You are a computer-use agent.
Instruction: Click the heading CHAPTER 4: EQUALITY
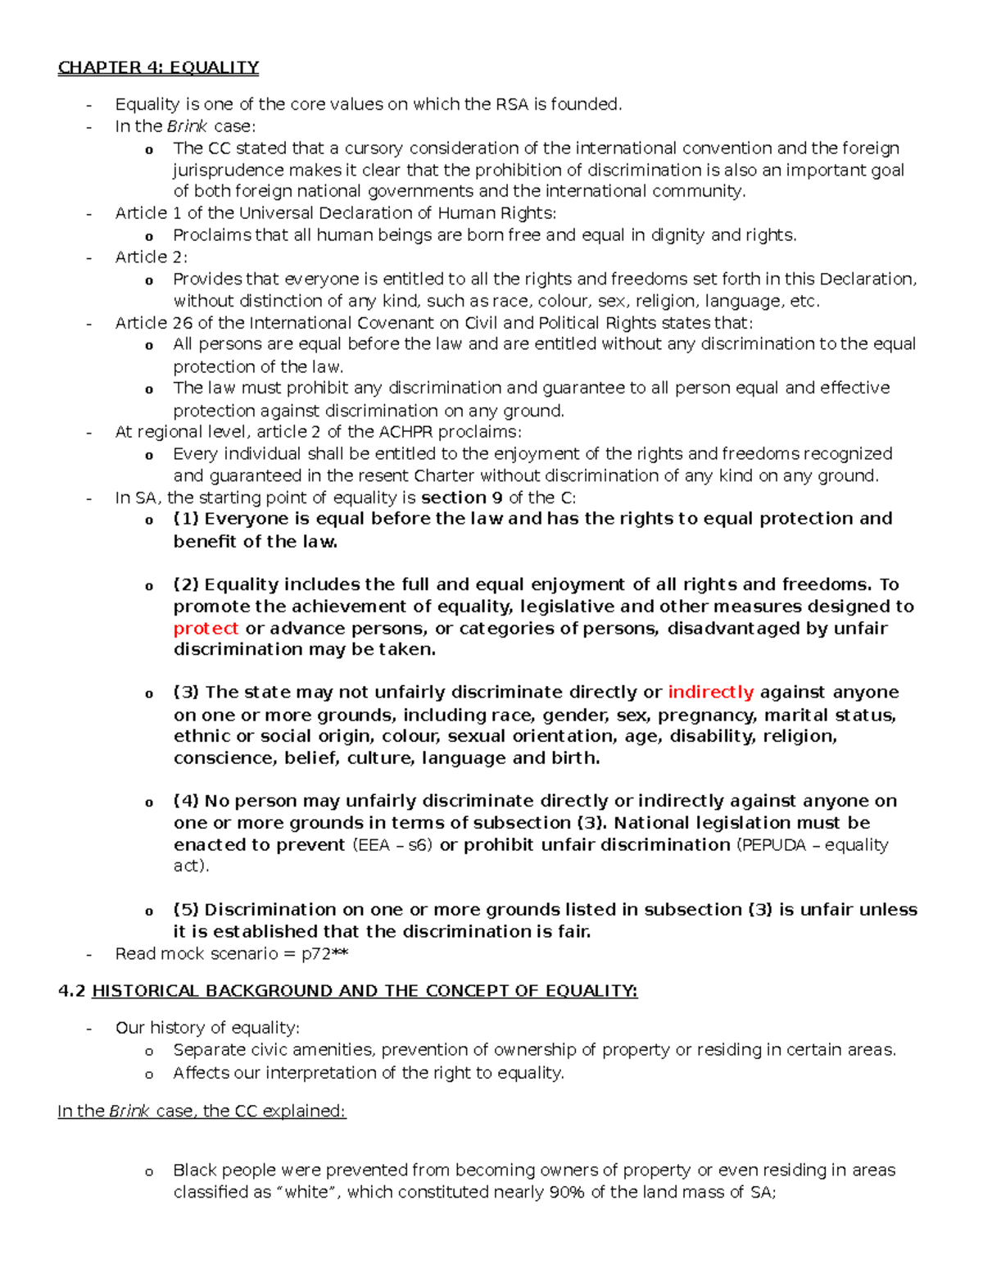click(x=158, y=67)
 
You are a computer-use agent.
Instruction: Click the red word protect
click(x=206, y=629)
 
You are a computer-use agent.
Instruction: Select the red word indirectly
click(x=710, y=693)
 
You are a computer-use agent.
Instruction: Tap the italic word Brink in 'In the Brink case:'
click(x=187, y=126)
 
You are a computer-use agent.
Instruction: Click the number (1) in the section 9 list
click(x=186, y=519)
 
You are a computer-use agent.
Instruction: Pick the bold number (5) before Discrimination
click(x=186, y=910)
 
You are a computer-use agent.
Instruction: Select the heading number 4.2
click(x=71, y=991)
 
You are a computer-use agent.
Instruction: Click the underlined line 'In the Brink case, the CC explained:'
click(x=202, y=1112)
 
